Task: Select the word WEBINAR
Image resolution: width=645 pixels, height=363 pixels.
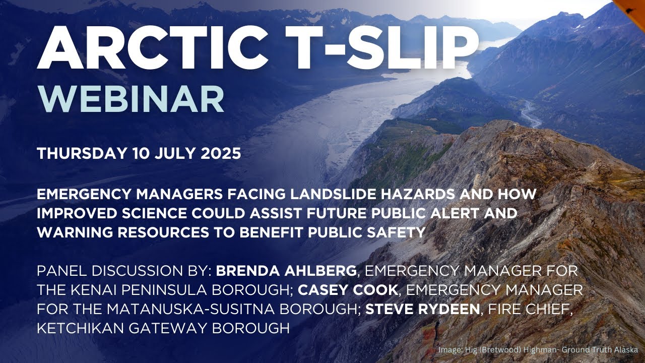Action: [131, 100]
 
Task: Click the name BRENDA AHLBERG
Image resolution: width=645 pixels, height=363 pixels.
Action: [286, 271]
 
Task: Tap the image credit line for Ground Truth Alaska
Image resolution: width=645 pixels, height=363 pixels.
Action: [539, 349]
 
